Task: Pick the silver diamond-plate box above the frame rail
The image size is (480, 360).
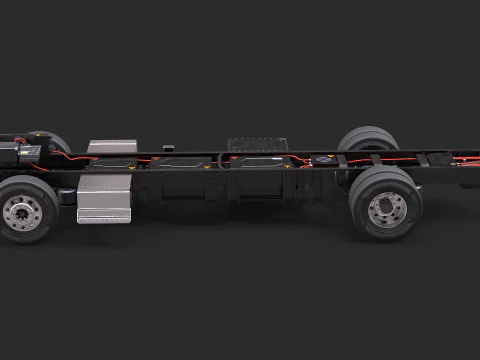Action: point(111,146)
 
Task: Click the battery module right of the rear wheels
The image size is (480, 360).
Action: point(440,158)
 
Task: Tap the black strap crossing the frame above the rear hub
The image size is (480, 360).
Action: point(379,158)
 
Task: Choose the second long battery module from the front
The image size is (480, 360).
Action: point(184,161)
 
